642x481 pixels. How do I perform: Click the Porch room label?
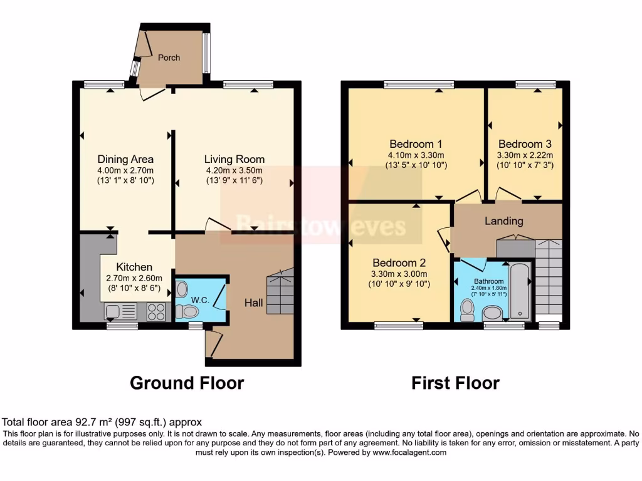pos(169,58)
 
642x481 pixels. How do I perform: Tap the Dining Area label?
pos(125,159)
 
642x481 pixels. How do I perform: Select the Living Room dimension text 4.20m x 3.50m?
pos(234,170)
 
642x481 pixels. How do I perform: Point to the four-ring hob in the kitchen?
pos(156,312)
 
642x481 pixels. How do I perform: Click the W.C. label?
pos(200,300)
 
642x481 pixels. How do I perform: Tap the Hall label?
pos(253,303)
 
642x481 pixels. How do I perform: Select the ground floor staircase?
pos(280,291)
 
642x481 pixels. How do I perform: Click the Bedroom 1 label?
pos(416,144)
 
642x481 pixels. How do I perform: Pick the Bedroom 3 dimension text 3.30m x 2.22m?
pos(525,155)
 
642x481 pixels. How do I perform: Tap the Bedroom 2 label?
pos(399,262)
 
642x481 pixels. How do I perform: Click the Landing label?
pos(503,221)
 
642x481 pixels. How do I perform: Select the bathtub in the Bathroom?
pos(520,292)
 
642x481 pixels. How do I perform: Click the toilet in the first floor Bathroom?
pos(467,310)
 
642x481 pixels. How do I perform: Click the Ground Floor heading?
pos(187,383)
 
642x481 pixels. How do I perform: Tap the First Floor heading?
pos(455,383)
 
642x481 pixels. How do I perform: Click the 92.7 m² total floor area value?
pos(95,422)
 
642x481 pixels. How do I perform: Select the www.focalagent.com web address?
pos(409,452)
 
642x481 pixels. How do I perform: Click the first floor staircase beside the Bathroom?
pos(549,277)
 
